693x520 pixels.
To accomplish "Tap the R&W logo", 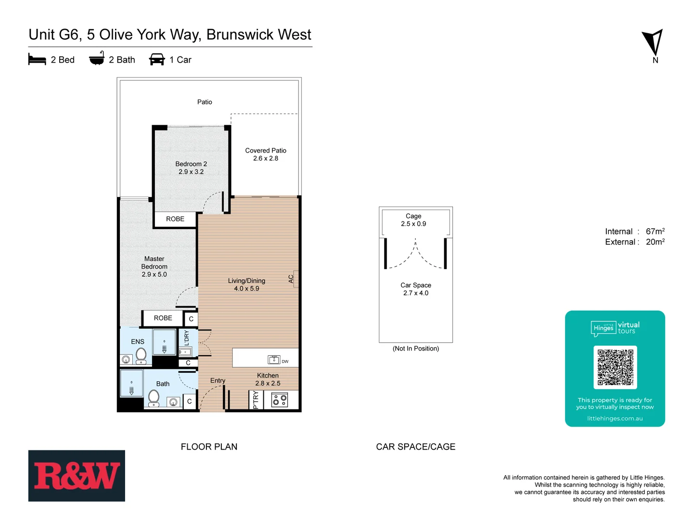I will [x=77, y=476].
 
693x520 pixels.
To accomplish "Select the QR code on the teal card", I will [x=615, y=367].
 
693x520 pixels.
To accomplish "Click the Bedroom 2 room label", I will [x=191, y=168].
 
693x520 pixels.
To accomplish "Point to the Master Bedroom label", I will [x=154, y=266].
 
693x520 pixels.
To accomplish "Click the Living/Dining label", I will [x=246, y=285].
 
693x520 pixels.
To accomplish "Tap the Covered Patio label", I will [x=266, y=154].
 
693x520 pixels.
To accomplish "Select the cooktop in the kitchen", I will [x=280, y=400].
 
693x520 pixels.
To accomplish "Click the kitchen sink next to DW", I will [x=274, y=360].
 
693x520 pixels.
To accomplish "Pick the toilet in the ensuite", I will [x=141, y=355].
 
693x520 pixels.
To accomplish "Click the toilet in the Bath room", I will [x=154, y=398].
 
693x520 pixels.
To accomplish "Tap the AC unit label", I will [x=291, y=279].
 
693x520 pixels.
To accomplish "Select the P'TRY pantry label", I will [x=256, y=400].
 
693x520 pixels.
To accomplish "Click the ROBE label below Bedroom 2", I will [x=175, y=219].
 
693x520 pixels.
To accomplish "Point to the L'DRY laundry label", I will [x=187, y=338].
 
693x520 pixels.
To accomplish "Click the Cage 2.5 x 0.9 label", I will [x=413, y=220].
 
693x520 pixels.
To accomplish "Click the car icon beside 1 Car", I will [x=157, y=60].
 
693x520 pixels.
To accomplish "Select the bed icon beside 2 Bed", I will [x=37, y=60].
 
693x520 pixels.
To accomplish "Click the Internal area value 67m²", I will [x=655, y=232].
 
